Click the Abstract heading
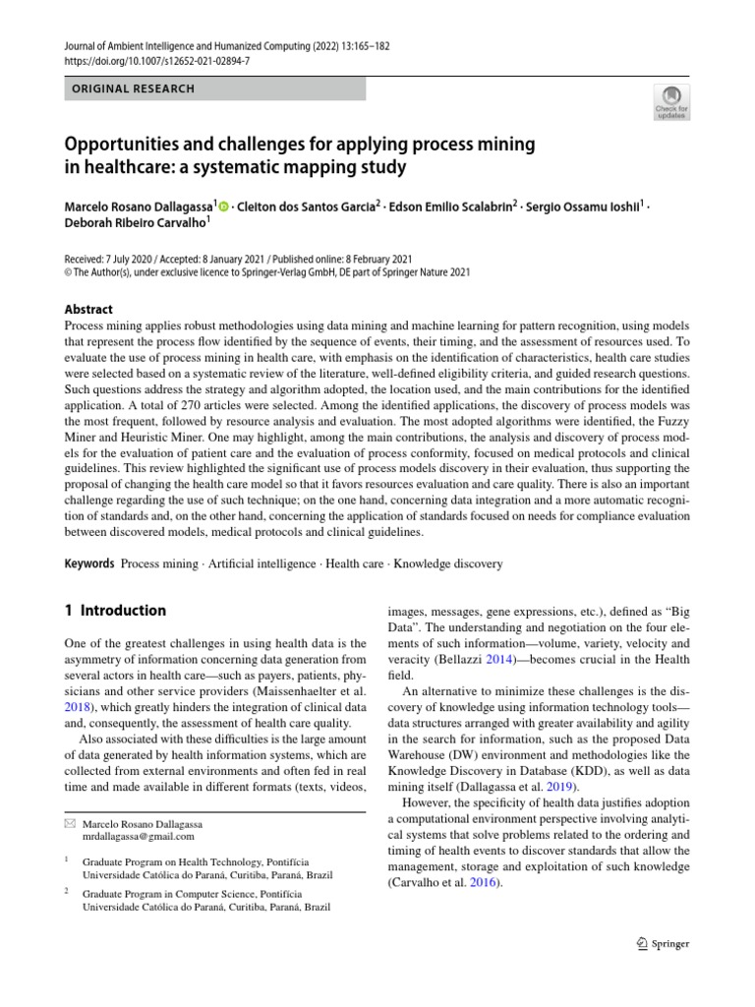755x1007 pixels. point(88,308)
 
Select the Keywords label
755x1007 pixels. point(88,563)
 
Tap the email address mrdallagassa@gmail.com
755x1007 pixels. point(139,837)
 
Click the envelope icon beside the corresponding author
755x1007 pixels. point(69,822)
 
